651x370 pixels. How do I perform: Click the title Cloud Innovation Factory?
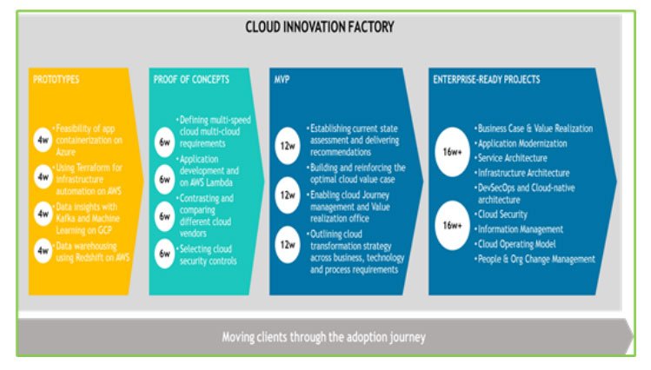(319, 27)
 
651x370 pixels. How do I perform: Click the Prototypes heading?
(57, 79)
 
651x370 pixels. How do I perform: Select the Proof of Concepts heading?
(191, 79)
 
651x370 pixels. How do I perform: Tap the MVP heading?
(282, 79)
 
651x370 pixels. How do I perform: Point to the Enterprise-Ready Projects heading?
(486, 79)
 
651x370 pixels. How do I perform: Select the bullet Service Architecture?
(515, 158)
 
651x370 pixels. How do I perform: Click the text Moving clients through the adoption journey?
(322, 336)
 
